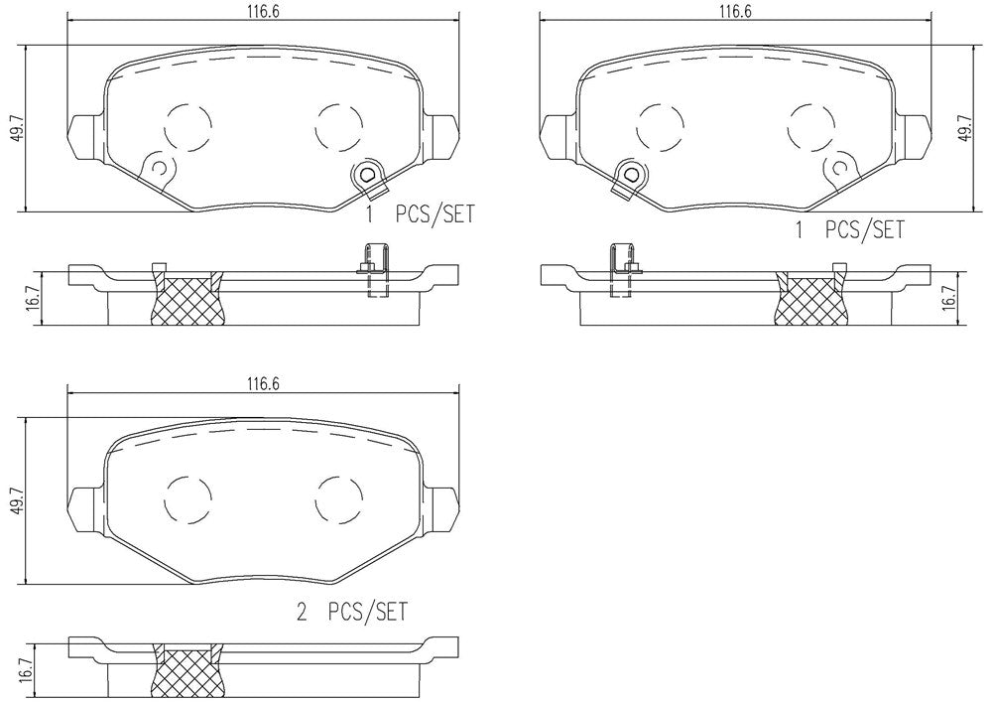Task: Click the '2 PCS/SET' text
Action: click(x=352, y=612)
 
